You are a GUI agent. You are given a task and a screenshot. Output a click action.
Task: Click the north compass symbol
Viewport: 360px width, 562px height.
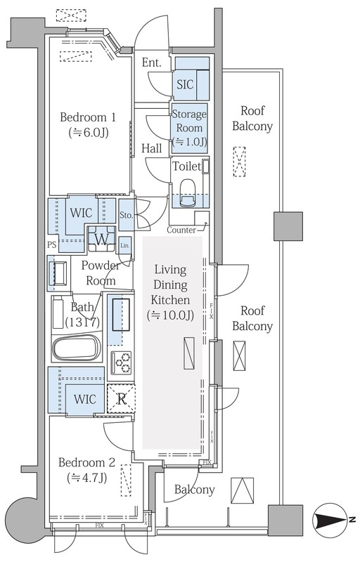click(x=330, y=519)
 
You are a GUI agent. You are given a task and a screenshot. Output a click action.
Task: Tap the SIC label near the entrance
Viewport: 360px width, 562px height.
click(x=185, y=84)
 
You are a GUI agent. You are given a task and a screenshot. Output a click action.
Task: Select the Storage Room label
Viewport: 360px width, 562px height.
click(x=189, y=121)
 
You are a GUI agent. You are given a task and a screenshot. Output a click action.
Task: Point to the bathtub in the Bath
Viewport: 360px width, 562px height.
click(x=77, y=348)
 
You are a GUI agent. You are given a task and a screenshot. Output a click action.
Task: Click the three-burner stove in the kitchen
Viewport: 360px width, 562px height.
click(x=121, y=362)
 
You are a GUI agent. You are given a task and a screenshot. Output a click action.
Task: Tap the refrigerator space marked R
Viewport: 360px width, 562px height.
click(x=121, y=398)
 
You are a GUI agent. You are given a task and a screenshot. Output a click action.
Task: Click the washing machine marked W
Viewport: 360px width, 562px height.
click(x=102, y=239)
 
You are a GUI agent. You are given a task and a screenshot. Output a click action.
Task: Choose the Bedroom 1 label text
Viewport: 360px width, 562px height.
click(x=88, y=117)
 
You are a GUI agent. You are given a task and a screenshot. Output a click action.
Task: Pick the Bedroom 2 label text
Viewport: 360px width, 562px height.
click(x=86, y=462)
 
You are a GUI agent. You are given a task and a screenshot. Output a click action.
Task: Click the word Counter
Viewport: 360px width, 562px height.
click(x=181, y=230)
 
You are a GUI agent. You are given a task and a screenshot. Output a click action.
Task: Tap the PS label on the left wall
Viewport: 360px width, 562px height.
click(x=52, y=244)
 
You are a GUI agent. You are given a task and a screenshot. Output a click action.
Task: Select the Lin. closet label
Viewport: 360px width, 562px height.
click(x=124, y=245)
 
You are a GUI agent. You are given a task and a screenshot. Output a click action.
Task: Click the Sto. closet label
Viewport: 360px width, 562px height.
click(x=127, y=216)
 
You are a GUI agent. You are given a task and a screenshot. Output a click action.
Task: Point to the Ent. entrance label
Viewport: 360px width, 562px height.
click(x=151, y=63)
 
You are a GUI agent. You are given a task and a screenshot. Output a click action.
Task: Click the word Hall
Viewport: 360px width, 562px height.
click(x=152, y=148)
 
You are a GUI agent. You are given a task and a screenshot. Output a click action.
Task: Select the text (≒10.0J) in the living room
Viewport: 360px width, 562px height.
click(x=170, y=315)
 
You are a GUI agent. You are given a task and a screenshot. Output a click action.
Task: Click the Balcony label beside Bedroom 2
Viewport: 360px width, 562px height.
click(x=194, y=490)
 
